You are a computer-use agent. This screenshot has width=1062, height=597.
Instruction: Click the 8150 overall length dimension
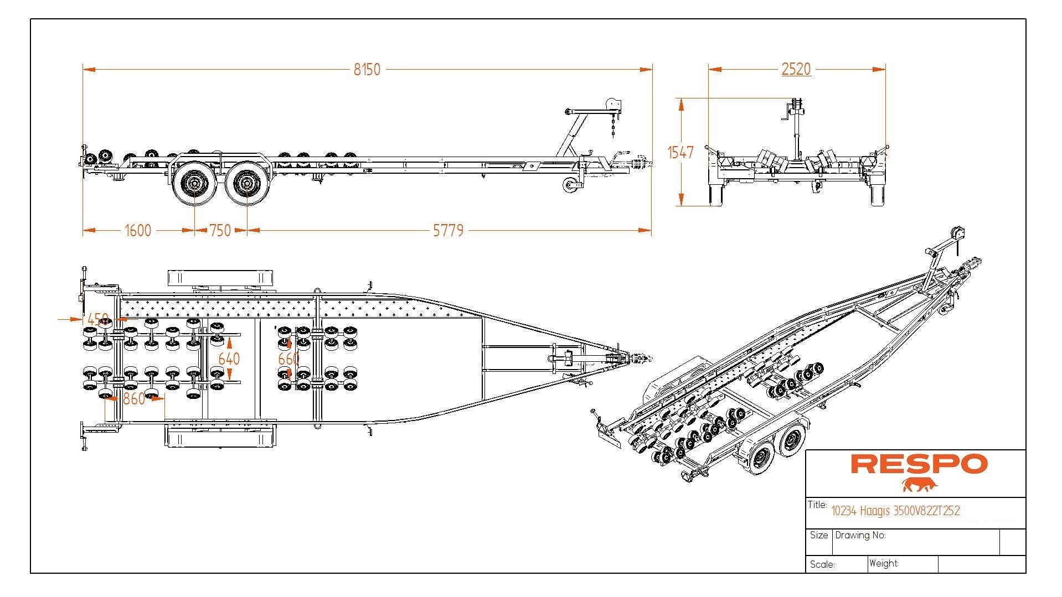[x=367, y=70]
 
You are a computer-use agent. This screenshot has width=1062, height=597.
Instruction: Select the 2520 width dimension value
[x=796, y=69]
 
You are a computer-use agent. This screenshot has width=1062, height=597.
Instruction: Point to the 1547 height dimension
[x=680, y=152]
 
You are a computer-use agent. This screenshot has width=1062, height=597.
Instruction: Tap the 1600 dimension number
[x=138, y=230]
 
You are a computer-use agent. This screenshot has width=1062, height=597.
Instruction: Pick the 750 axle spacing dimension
[x=220, y=230]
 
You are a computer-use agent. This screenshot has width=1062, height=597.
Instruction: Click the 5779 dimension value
[x=448, y=230]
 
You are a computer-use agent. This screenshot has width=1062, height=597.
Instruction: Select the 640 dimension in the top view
[x=229, y=359]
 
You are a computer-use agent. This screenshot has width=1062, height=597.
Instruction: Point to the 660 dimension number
[x=288, y=359]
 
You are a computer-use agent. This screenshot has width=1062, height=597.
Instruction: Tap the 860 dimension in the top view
[x=134, y=398]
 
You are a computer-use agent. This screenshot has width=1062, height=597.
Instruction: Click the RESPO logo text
[x=919, y=464]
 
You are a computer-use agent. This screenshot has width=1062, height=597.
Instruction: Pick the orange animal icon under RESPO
[x=919, y=485]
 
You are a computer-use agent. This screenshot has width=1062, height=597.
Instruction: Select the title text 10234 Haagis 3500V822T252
[x=895, y=511]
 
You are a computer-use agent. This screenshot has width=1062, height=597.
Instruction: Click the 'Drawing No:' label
[x=860, y=536]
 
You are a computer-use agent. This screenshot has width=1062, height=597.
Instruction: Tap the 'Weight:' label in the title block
[x=884, y=564]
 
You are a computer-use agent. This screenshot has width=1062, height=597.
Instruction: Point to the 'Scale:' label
[x=822, y=564]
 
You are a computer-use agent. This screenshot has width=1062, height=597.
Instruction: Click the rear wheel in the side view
[x=195, y=181]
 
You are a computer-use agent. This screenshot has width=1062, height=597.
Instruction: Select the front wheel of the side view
[x=247, y=181]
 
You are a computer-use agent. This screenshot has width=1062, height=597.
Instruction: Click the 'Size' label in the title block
[x=818, y=536]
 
